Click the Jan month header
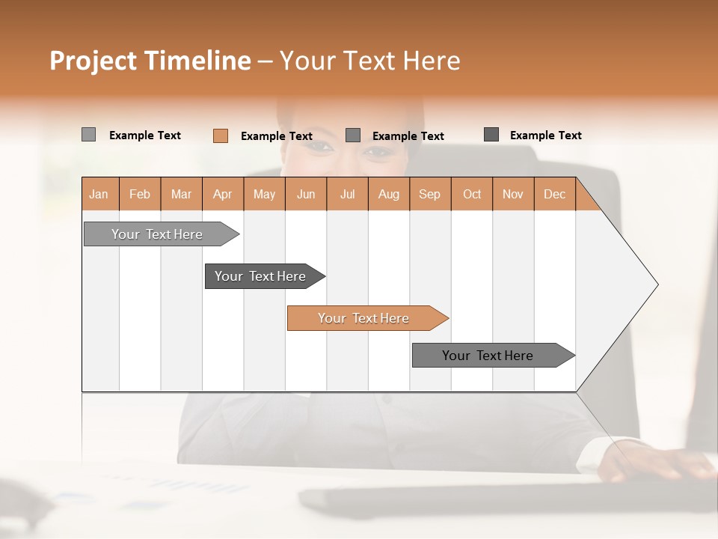click(x=99, y=194)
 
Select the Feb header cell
click(x=140, y=194)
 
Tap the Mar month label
click(x=181, y=194)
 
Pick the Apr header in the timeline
click(x=223, y=194)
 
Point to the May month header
click(x=264, y=194)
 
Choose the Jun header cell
click(x=306, y=194)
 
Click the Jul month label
click(x=347, y=194)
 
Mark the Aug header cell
click(x=389, y=194)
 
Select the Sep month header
click(x=430, y=194)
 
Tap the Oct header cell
click(x=472, y=194)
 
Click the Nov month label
click(x=513, y=194)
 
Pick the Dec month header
click(x=554, y=194)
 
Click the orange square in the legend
click(x=221, y=135)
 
